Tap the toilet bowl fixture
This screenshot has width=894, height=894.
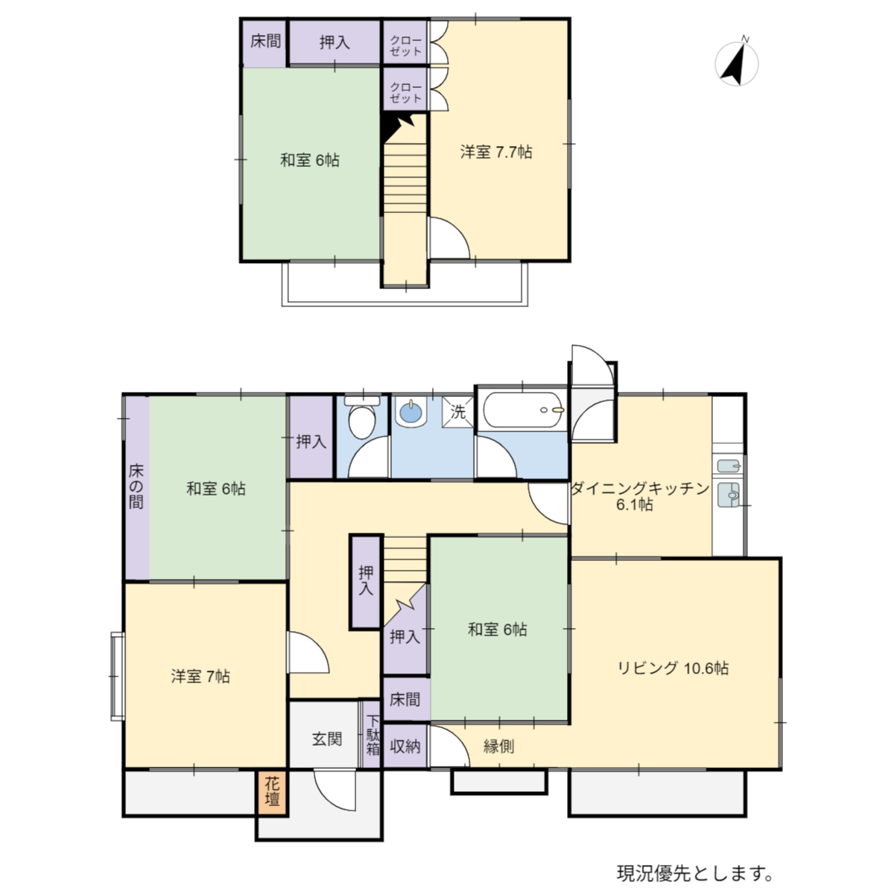[362, 418]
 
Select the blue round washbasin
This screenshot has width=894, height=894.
[410, 412]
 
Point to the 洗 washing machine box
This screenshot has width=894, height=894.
[457, 412]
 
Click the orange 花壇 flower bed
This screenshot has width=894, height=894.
[273, 792]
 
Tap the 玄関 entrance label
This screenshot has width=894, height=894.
[327, 740]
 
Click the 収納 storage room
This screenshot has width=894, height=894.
[405, 746]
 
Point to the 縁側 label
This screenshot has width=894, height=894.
[498, 746]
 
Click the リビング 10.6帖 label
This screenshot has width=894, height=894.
[673, 668]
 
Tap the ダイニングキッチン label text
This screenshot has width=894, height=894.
[641, 488]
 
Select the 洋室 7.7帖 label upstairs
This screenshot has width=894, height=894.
[496, 152]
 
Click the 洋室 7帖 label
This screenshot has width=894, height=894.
[200, 676]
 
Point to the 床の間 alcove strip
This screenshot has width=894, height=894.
[137, 487]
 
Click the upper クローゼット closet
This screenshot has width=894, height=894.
[405, 42]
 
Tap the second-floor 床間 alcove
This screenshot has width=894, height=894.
[264, 42]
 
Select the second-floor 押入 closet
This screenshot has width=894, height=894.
[335, 42]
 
